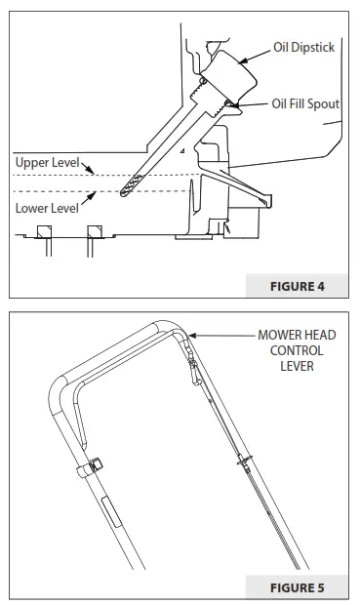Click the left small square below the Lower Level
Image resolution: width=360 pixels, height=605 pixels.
[44, 231]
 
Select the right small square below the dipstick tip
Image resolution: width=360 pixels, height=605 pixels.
[95, 231]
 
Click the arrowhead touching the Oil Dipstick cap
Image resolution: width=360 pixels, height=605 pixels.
[241, 57]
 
